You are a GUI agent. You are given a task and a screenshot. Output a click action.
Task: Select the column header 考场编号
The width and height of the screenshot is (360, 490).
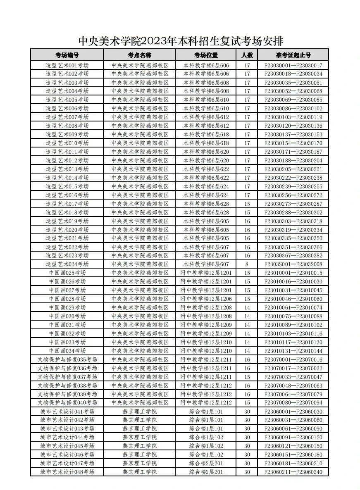tap(67, 55)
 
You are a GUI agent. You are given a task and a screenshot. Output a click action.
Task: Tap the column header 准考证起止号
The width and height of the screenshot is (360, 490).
tap(293, 55)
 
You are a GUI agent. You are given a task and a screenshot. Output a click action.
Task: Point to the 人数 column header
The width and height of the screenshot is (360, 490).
tap(247, 55)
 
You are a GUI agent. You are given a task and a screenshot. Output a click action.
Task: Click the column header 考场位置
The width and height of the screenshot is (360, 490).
tap(206, 55)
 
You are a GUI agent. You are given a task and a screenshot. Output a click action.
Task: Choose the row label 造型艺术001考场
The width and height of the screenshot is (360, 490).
tap(67, 65)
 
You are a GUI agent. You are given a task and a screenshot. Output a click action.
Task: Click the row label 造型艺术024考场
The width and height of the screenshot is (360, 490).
tap(67, 264)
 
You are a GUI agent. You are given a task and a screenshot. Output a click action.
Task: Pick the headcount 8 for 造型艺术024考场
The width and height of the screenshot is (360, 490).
tap(247, 264)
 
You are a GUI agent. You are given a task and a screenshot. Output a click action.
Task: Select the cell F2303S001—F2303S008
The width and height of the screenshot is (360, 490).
tap(293, 264)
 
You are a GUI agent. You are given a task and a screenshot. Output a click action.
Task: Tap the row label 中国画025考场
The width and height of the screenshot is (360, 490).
tap(67, 273)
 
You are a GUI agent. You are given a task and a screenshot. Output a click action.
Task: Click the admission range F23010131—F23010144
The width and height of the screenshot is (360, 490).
tap(293, 351)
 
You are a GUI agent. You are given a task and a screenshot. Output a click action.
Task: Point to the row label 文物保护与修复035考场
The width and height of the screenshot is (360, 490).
tap(67, 359)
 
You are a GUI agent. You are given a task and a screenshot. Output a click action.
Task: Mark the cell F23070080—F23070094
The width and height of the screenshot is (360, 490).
tap(293, 402)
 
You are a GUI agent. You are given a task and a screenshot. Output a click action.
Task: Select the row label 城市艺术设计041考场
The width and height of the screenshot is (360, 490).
tap(67, 412)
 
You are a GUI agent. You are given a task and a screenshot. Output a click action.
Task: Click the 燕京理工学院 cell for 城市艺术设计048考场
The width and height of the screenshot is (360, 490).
tap(140, 472)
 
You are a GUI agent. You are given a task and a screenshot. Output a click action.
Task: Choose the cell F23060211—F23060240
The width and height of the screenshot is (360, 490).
tap(293, 472)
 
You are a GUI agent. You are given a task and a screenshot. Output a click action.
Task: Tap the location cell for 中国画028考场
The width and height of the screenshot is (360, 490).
tap(206, 299)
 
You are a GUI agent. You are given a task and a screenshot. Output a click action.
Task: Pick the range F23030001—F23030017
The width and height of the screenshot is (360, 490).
tap(293, 65)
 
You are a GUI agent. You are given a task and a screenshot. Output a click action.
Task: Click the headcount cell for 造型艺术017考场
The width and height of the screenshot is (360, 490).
tap(247, 204)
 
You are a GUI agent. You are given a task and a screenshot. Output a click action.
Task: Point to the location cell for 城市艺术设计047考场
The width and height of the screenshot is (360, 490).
tap(206, 463)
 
